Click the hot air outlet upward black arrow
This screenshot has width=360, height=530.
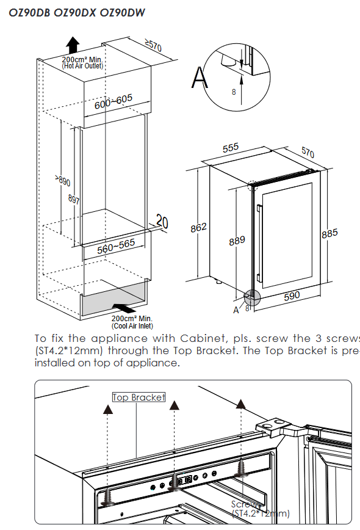[73, 45]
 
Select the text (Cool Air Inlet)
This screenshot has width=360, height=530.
[132, 326]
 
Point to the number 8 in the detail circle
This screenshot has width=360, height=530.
[233, 92]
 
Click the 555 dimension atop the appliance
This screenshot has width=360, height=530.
[230, 148]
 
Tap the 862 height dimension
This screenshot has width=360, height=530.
[198, 227]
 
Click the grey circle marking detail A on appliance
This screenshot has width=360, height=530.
[251, 297]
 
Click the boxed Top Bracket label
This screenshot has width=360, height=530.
[139, 397]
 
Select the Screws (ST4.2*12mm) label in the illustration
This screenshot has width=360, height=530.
[260, 509]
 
